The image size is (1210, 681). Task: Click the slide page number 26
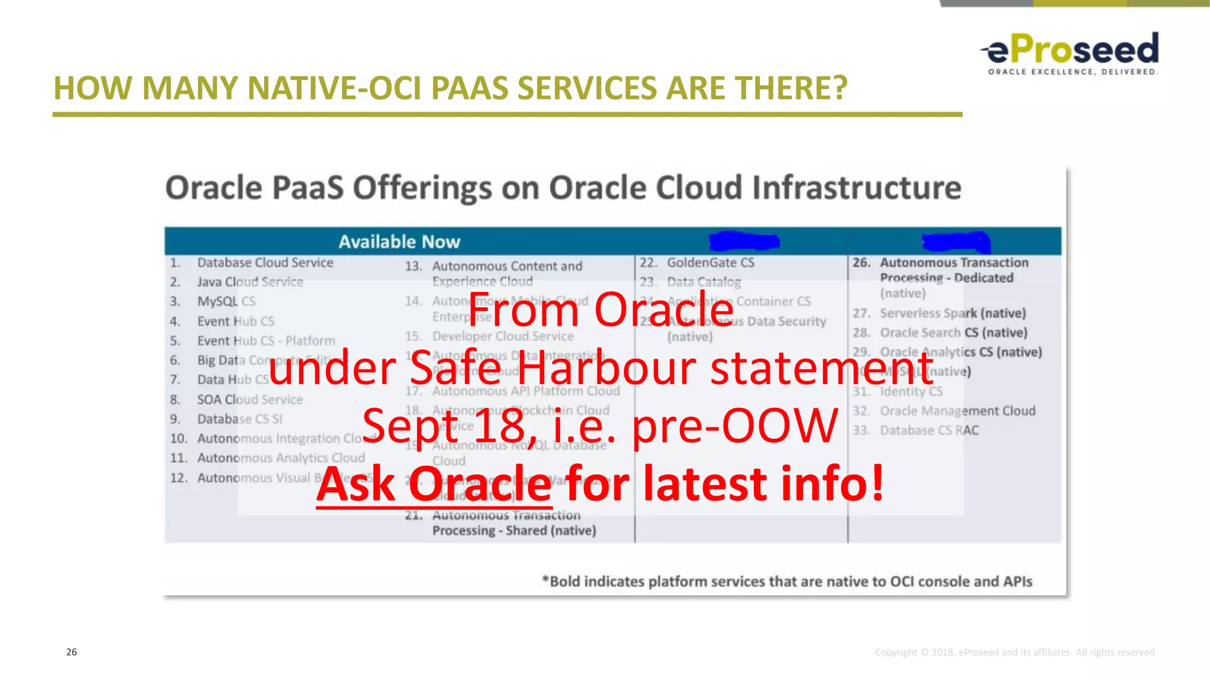click(71, 652)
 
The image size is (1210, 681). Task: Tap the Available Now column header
click(399, 242)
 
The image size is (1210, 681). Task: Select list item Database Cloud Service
click(265, 262)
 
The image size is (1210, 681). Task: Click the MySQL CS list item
click(226, 301)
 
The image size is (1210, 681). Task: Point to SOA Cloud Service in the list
click(249, 400)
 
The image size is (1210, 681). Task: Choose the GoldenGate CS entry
click(710, 262)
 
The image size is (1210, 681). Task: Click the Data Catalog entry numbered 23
click(703, 282)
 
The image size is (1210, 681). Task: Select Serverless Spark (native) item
click(952, 313)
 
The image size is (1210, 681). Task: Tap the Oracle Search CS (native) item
click(953, 333)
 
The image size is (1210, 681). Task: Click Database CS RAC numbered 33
click(929, 430)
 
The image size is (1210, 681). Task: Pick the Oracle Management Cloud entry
click(957, 411)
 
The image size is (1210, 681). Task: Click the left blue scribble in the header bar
click(744, 241)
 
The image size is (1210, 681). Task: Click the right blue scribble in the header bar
click(956, 241)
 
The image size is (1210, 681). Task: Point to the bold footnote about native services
click(787, 582)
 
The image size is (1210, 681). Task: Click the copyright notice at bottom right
click(1016, 653)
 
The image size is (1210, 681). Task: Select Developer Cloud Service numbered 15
click(502, 336)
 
